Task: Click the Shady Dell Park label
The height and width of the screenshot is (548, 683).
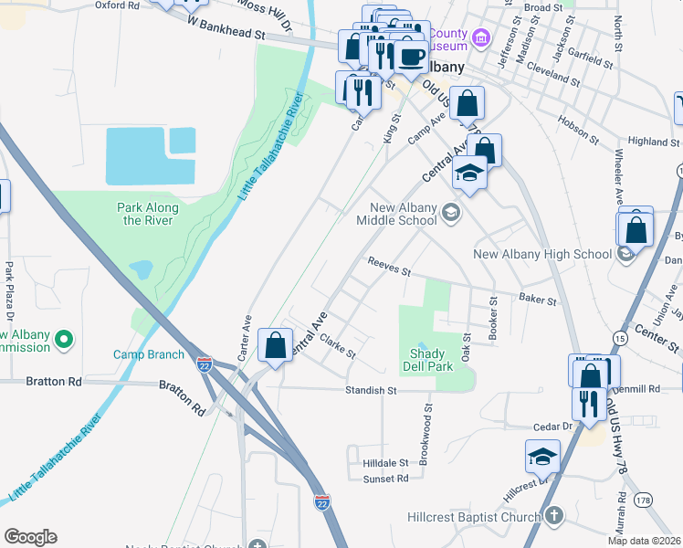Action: click(427, 360)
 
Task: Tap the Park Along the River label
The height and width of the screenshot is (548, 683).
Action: click(148, 214)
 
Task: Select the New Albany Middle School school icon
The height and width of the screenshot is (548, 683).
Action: click(449, 214)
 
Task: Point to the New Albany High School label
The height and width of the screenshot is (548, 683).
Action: click(541, 254)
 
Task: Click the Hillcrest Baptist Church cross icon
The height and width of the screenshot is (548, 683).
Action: click(553, 517)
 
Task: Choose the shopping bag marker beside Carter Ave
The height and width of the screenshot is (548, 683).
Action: click(275, 346)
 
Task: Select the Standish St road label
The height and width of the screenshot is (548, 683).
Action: click(372, 390)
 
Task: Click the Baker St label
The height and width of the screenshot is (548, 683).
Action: click(537, 299)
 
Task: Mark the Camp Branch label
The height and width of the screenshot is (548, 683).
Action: click(149, 354)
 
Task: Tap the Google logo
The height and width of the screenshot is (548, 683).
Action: click(30, 537)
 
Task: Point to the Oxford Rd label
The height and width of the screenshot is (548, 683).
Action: click(117, 5)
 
